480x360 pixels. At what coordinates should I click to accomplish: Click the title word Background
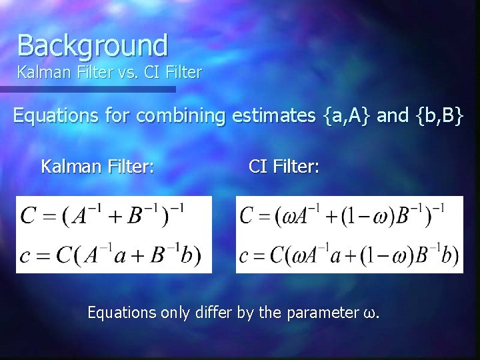[93, 45]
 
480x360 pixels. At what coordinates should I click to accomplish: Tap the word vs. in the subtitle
[125, 72]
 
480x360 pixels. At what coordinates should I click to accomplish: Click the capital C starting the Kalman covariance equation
[29, 217]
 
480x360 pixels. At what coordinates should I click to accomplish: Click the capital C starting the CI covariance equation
[247, 217]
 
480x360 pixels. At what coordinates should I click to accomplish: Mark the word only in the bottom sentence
[175, 312]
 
